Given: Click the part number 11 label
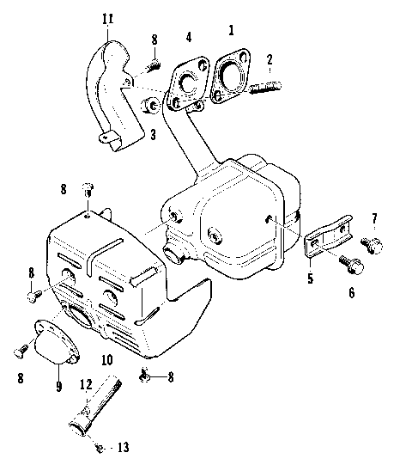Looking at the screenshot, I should click(106, 19).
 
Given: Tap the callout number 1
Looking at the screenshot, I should click(230, 29).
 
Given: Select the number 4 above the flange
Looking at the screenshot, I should click(189, 38).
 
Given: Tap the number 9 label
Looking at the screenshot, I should click(58, 386).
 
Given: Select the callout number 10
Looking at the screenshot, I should click(106, 359).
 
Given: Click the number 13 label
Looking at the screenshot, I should click(124, 447).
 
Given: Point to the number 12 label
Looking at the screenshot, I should click(86, 383).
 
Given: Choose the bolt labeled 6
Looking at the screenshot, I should click(353, 264).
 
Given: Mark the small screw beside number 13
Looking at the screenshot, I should click(100, 447).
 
